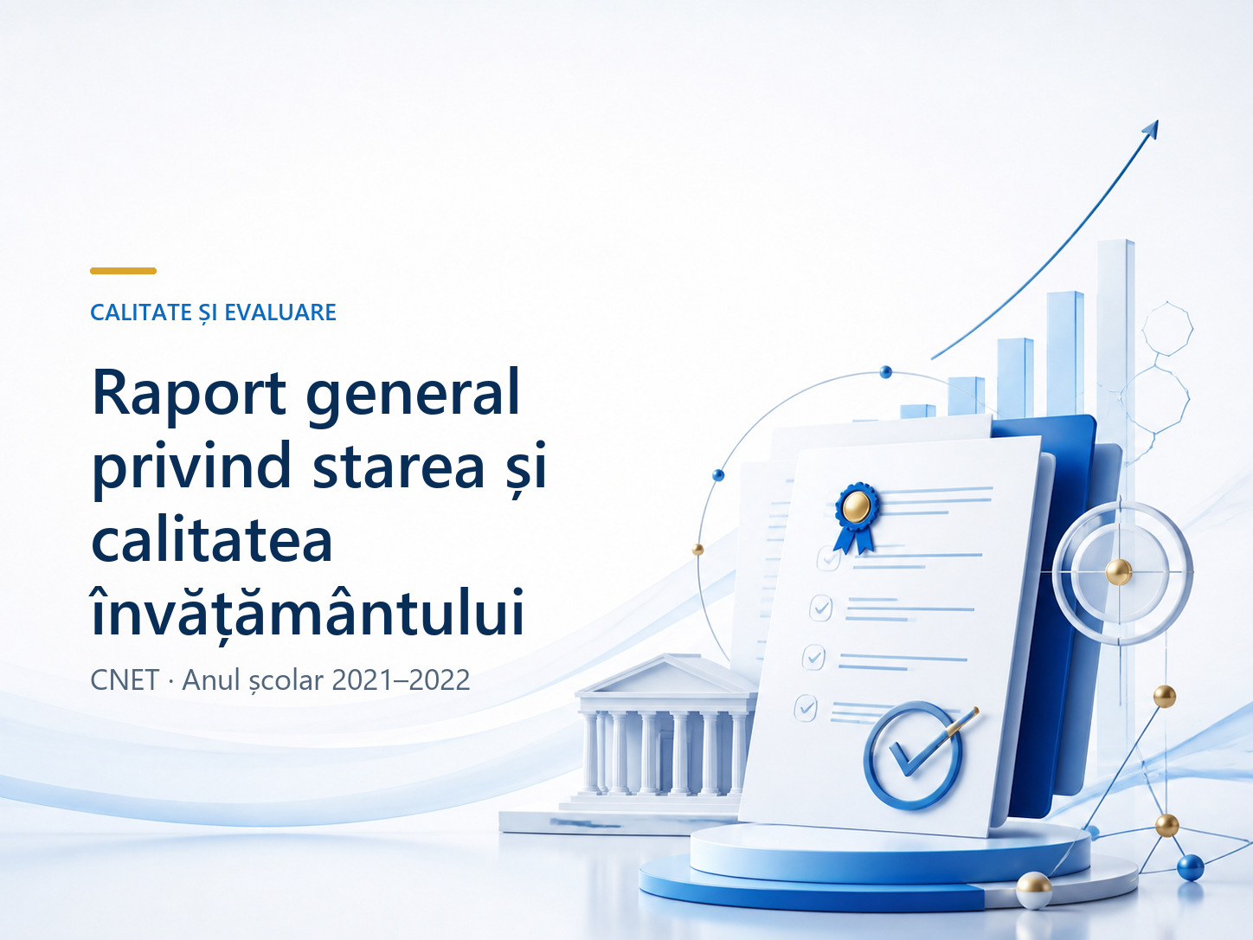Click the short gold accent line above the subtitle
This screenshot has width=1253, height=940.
123,271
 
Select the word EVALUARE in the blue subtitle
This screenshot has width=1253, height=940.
280,312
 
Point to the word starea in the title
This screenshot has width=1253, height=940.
399,466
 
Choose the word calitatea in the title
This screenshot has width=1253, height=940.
212,538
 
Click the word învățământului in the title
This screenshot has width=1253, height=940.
308,608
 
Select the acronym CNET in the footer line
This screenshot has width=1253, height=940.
125,679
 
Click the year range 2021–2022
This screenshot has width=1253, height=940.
401,679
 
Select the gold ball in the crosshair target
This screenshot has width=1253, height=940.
1118,572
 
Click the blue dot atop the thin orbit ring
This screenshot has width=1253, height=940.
885,372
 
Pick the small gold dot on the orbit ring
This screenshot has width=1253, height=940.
697,550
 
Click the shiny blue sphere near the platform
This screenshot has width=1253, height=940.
1190,867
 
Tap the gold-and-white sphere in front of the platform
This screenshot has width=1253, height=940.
1034,891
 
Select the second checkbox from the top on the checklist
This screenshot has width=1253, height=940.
821,608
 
